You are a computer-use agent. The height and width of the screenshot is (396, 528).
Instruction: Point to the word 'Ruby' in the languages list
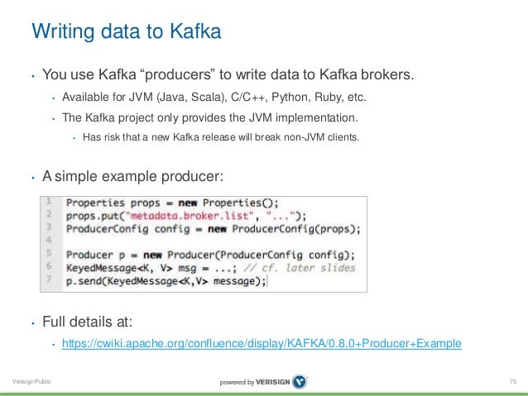point(323,98)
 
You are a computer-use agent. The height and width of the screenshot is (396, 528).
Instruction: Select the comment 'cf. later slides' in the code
point(311,267)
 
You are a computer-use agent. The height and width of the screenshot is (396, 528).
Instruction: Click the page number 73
point(512,381)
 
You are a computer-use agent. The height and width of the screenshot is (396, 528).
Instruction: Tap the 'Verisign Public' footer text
point(29,381)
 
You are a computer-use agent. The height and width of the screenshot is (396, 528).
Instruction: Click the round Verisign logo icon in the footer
point(299,381)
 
